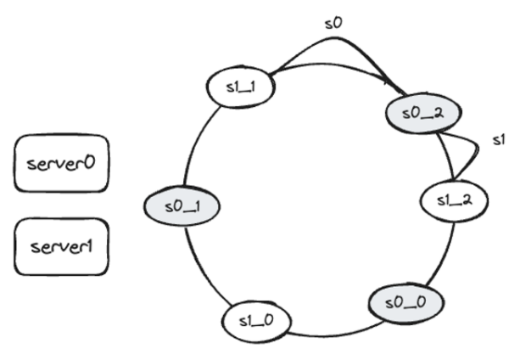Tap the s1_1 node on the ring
pyautogui.click(x=238, y=87)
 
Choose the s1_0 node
pyautogui.click(x=255, y=321)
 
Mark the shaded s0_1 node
pyautogui.click(x=182, y=205)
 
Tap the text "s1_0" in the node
pyautogui.click(x=255, y=321)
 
